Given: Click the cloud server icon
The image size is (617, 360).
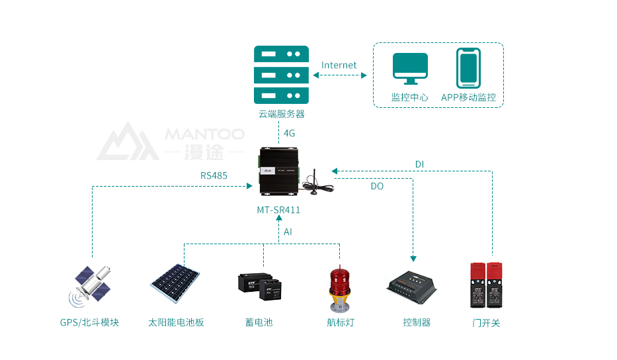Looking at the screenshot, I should coord(282,73).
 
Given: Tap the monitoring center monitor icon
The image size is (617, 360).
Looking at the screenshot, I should coord(411,67).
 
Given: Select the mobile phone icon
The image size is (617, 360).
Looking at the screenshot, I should coord(468,67).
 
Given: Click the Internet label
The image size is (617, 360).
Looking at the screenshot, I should coord(339,66).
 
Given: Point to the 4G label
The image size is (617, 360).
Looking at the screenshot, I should coord(289,133).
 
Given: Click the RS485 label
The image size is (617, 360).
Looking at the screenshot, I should coord(214,176).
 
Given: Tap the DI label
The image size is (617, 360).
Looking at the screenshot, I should coord(419,164).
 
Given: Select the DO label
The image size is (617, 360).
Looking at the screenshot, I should coord(377,187).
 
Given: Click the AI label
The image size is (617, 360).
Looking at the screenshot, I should coord(288,232).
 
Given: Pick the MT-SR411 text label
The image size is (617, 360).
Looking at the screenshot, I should coord(278,210).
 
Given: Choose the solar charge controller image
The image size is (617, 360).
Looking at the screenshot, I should coord(414,286).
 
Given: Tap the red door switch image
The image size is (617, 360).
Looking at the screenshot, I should coord(486,285).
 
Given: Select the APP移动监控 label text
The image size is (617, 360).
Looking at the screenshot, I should coord(468,97).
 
